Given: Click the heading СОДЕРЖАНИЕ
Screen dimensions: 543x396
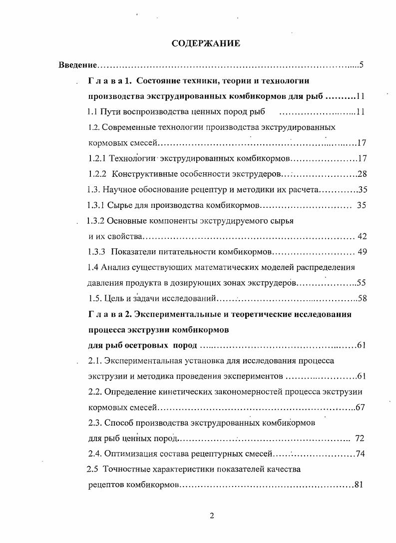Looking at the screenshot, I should point(206,44).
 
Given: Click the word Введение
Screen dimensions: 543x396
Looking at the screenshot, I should point(76,65).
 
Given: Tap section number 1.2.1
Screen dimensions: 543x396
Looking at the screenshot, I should point(97,159).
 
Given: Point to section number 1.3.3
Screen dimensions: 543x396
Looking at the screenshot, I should point(96,251).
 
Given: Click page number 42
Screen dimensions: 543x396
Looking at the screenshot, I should point(363,236).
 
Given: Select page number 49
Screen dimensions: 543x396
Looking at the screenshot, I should point(363,251).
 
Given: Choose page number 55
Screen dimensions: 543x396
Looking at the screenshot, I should point(362,283).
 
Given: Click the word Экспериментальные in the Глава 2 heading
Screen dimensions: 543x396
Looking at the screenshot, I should point(183,314).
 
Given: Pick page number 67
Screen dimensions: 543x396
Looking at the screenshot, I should point(361,407).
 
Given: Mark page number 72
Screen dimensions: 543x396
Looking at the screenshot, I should point(360,438).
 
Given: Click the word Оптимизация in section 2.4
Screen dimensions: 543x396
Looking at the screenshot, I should point(129,454).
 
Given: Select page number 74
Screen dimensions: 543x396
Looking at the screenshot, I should point(361,454).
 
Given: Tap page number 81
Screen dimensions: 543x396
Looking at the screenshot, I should point(358,485).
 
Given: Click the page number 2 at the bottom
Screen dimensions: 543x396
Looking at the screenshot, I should point(212,516).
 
